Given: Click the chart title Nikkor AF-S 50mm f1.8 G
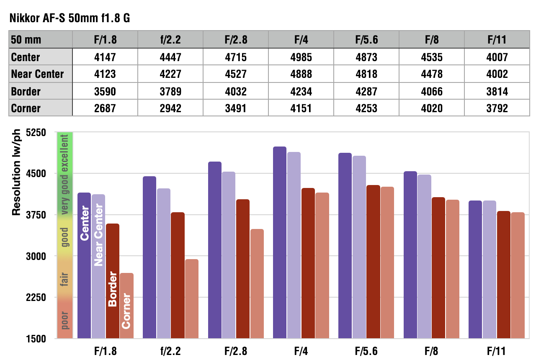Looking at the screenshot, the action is tap(70, 18).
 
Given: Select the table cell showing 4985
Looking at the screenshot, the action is tap(301, 57).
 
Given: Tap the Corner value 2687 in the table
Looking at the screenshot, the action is tap(105, 108).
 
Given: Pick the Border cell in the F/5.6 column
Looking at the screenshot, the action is tap(366, 92).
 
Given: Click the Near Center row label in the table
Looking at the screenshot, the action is tap(37, 74).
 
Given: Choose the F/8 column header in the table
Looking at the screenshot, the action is tap(432, 40).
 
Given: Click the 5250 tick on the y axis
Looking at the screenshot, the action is tap(36, 132).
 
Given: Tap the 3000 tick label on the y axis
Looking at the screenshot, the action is tap(36, 256).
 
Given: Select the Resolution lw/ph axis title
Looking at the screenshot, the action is tap(16, 172).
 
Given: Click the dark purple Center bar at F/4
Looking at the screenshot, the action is tap(280, 242).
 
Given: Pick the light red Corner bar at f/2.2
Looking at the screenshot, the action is tap(192, 299).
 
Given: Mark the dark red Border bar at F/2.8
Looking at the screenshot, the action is tap(243, 269).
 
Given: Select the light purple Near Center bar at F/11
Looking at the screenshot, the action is tap(490, 269).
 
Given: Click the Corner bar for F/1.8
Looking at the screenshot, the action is tap(127, 306).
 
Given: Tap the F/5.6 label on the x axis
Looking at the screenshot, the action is tap(366, 351).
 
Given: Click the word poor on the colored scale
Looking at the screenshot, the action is tap(64, 320).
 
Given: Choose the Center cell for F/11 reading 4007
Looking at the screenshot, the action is tap(497, 57).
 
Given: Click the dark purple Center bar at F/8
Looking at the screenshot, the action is tap(410, 255).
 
